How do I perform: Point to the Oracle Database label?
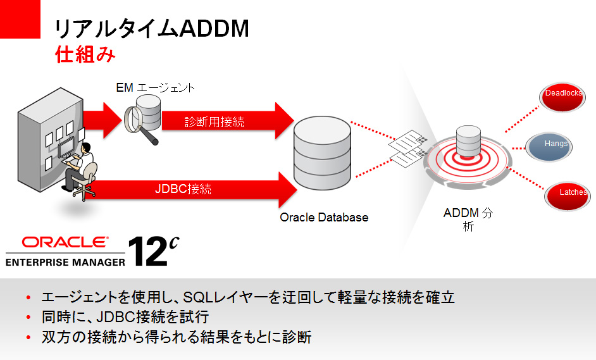tap(323, 218)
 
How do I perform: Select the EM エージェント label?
tap(155, 88)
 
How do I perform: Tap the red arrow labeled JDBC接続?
tap(190, 189)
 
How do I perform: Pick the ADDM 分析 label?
tap(468, 220)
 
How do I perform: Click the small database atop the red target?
tap(469, 140)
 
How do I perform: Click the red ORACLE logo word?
tap(65, 243)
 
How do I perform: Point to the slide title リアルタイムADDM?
tap(151, 29)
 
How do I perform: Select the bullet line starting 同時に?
tap(125, 317)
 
